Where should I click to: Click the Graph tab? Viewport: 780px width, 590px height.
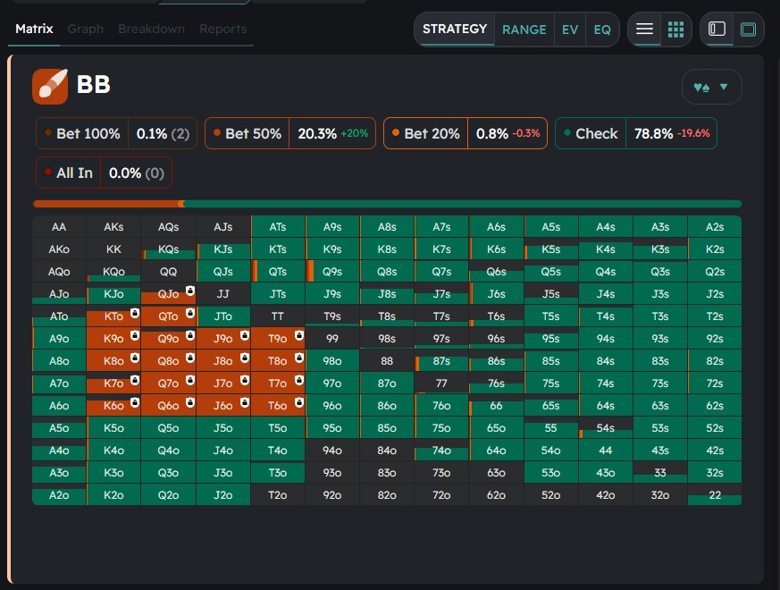(86, 29)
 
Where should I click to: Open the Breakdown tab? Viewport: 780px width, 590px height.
(151, 29)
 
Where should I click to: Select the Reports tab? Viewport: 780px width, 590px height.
(223, 29)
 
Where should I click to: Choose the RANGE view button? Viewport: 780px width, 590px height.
(524, 29)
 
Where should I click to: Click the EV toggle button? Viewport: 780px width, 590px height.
(570, 29)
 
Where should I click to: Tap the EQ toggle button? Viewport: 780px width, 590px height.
(602, 29)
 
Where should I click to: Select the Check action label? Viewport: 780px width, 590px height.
(596, 133)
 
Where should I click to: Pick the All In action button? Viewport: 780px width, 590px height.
(74, 173)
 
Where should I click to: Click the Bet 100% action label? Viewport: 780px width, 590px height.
(88, 133)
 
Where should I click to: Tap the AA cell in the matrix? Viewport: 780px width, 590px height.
(59, 227)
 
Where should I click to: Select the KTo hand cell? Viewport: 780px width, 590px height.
(113, 316)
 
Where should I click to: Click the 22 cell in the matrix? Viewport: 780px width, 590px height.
(714, 495)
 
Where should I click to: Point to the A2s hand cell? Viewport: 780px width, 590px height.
(714, 227)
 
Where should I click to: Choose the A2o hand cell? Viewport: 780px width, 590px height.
(59, 495)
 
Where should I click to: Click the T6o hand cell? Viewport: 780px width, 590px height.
(278, 406)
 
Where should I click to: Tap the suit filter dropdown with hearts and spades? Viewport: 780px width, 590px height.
(711, 87)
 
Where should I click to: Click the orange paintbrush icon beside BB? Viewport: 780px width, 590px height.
(50, 86)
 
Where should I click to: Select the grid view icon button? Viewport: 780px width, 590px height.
(676, 29)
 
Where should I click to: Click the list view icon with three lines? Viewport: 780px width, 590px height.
(644, 29)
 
